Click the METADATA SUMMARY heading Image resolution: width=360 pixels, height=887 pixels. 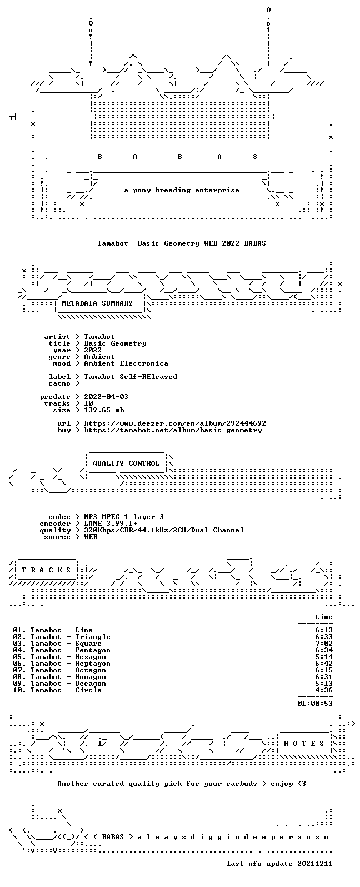click(97, 303)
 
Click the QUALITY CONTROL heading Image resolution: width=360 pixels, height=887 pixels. click(126, 464)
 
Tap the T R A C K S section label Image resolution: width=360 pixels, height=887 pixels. click(46, 570)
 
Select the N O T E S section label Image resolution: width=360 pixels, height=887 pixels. click(304, 743)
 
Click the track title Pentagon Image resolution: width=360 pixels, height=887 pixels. click(93, 650)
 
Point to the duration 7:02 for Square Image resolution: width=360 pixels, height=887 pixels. click(324, 644)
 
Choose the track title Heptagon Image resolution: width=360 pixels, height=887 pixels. click(93, 664)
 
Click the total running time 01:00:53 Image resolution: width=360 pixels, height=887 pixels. click(315, 704)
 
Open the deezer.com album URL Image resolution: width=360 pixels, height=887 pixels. click(175, 423)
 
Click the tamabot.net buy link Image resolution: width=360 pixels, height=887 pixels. click(173, 430)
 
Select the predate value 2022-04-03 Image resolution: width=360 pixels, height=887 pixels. click(106, 397)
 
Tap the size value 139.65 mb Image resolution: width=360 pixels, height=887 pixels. click(104, 410)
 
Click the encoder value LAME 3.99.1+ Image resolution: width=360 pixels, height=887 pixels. click(111, 524)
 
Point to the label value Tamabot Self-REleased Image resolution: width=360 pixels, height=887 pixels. click(131, 377)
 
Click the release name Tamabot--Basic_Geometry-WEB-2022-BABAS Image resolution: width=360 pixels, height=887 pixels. click(181, 243)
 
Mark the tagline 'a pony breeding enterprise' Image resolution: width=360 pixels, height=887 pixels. click(181, 190)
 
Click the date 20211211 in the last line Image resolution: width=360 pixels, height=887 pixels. click(315, 864)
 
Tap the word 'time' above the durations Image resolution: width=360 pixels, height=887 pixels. click(324, 617)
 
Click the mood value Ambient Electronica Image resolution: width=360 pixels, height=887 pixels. click(126, 363)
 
